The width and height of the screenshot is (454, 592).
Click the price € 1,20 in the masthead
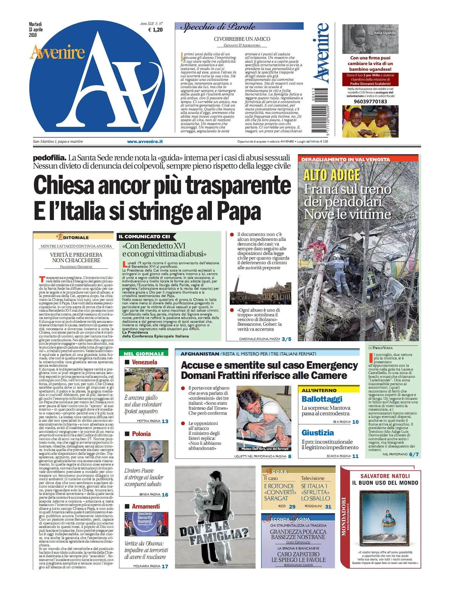155,30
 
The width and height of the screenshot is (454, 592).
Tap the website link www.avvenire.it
145,142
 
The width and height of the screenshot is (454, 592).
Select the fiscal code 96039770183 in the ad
370,102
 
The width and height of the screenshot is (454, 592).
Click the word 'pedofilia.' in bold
49,158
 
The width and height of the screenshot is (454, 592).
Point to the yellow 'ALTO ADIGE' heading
331,175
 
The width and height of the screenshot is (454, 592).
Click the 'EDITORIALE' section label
73,237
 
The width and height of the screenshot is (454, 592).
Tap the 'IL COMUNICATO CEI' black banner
144,236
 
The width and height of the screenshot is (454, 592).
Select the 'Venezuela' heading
144,362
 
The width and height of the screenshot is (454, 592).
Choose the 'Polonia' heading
141,434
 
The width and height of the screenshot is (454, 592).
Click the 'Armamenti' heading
146,507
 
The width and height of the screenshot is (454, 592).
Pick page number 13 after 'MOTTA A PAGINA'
165,421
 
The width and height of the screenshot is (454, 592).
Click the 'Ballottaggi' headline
322,399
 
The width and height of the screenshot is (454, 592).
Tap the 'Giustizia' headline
317,433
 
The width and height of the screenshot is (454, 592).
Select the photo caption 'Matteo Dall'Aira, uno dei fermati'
265,449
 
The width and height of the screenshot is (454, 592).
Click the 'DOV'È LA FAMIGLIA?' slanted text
214,534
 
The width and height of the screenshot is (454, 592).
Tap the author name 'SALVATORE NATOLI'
385,476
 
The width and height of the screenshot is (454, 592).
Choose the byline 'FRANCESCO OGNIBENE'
76,267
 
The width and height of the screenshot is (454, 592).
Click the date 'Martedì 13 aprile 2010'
36,30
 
